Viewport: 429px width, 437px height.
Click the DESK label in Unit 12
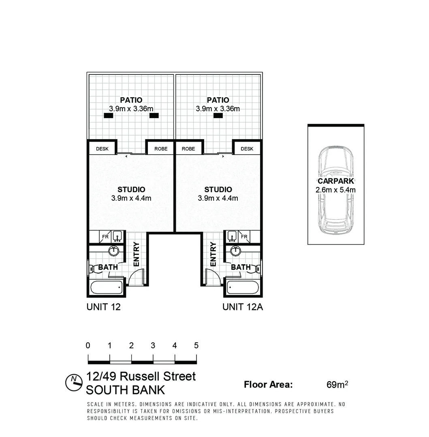102,149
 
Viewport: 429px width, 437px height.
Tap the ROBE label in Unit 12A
188,149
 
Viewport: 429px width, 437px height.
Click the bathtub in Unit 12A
243,288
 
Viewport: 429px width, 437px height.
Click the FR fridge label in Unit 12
105,237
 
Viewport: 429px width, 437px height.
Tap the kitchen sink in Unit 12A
232,236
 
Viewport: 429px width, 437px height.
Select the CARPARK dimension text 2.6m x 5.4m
335,190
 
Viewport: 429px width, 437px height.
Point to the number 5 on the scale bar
196,346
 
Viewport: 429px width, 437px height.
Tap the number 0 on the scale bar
88,346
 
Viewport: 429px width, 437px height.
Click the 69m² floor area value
337,384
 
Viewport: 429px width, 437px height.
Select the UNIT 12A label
243,307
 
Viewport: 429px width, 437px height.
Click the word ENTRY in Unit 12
136,254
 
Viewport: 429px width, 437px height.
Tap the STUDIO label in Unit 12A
218,189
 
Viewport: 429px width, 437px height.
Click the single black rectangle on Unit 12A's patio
218,115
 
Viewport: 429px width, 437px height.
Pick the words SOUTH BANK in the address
126,390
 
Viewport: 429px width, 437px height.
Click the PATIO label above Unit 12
131,100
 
